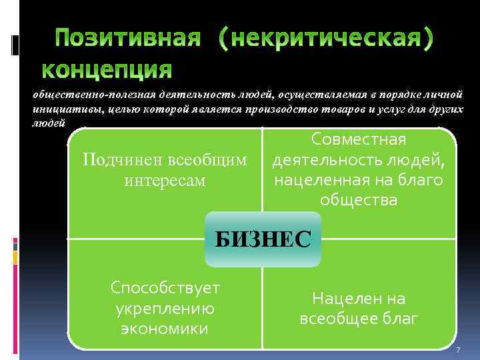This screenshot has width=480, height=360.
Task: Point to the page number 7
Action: tap(457, 351)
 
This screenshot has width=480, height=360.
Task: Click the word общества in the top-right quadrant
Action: tap(359, 200)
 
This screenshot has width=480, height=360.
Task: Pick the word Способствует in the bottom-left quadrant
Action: tap(165, 287)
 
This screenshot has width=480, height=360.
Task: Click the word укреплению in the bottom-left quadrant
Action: tap(165, 308)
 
